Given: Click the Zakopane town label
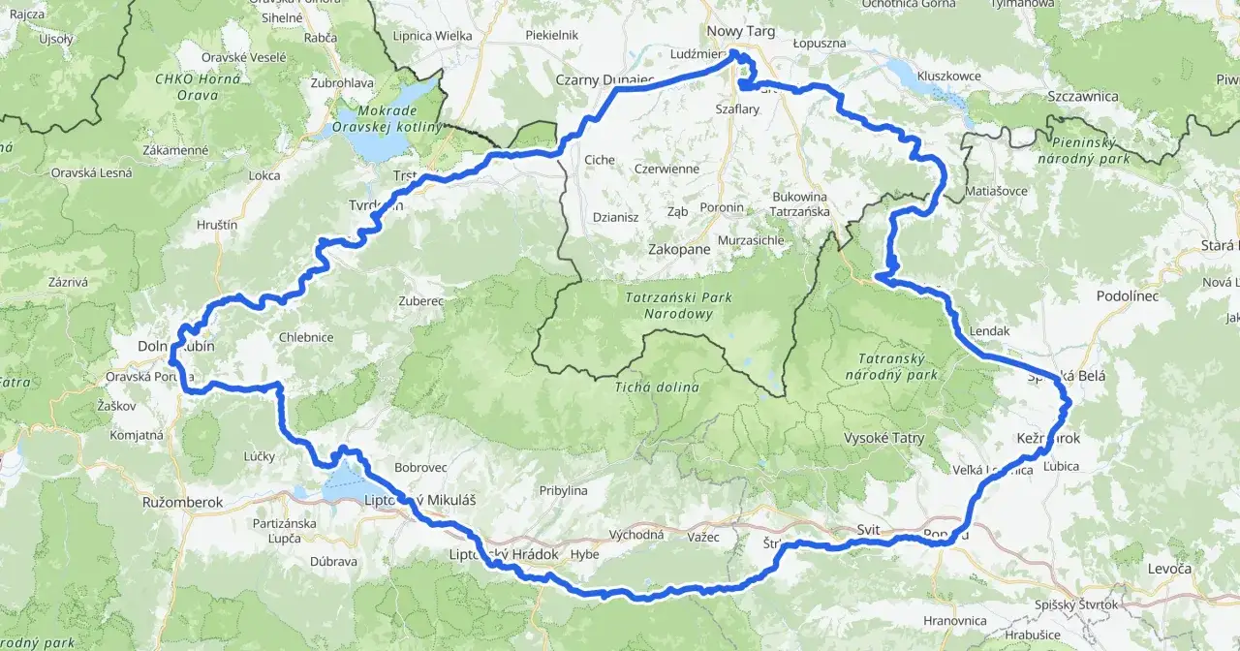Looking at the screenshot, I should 678,249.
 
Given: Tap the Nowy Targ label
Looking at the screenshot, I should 741,31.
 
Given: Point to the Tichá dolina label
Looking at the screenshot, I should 657,387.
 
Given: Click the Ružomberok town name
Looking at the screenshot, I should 182,503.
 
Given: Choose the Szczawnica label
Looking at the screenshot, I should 1083,96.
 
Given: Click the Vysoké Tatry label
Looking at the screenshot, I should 883,438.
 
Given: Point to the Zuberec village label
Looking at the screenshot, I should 420,301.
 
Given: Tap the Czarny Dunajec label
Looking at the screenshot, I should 604,79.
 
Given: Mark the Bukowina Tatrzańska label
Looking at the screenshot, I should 799,202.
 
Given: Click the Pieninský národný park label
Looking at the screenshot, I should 1083,149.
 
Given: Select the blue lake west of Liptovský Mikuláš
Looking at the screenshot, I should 344,482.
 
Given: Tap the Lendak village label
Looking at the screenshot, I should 989,330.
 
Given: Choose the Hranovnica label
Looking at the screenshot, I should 955,620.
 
